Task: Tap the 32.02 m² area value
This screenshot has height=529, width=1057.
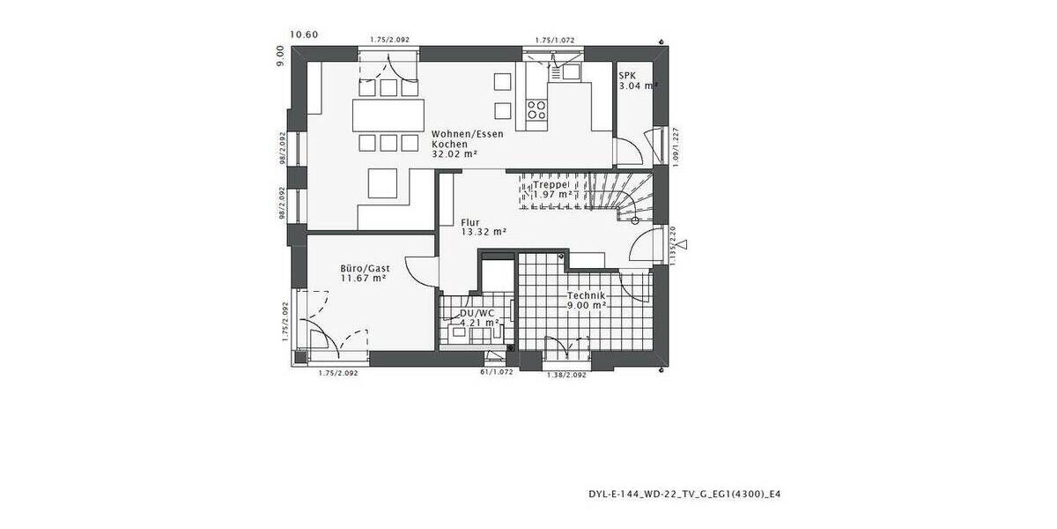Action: click(454, 153)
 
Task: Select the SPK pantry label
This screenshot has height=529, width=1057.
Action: click(626, 75)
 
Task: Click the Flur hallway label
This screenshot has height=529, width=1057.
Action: click(470, 221)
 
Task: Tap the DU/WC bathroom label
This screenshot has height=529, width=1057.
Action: click(477, 313)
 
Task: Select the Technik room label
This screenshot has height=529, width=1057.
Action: click(586, 295)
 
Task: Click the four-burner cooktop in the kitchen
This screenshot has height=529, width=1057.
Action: click(536, 109)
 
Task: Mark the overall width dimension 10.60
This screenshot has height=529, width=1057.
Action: click(304, 35)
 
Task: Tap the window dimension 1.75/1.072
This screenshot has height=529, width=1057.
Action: click(555, 40)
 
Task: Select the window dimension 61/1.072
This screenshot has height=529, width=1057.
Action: click(496, 373)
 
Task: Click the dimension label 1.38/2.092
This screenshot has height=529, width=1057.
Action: click(567, 376)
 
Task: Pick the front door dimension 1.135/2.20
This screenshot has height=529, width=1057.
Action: click(673, 247)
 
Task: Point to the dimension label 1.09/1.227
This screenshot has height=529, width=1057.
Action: click(673, 145)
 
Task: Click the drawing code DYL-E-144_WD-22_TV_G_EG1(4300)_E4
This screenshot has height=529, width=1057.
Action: click(683, 495)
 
